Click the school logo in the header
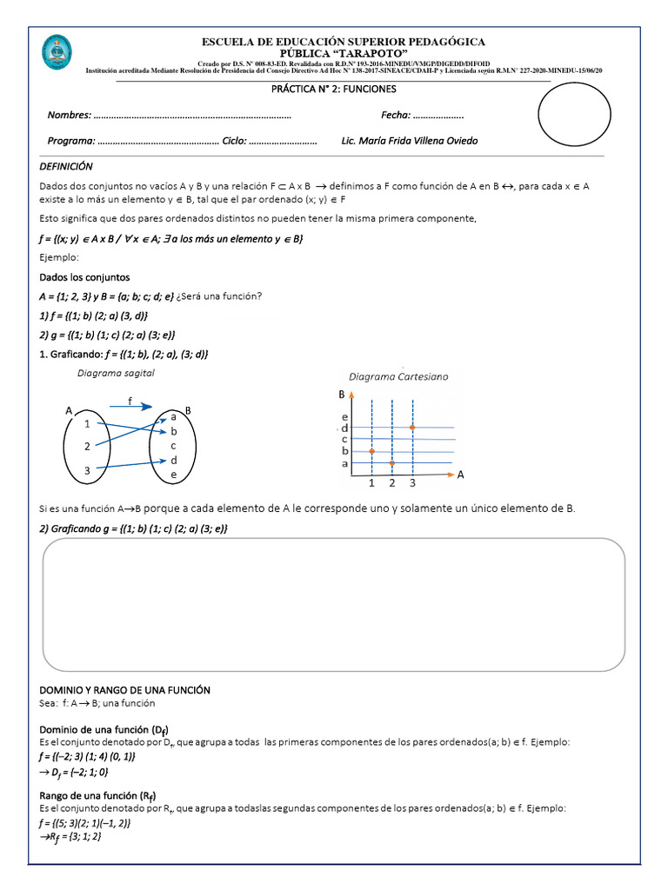coord(57,53)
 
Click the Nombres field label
coord(69,116)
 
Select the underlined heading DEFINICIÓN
coord(66,166)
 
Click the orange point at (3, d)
coord(412,428)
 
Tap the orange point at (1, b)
coord(371,451)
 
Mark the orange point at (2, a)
coord(392,463)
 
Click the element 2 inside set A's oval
coord(87,446)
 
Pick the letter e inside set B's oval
coord(174,475)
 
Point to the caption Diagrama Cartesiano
coord(398,377)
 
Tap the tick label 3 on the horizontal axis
coord(412,483)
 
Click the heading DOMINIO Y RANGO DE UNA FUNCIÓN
coord(125,689)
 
